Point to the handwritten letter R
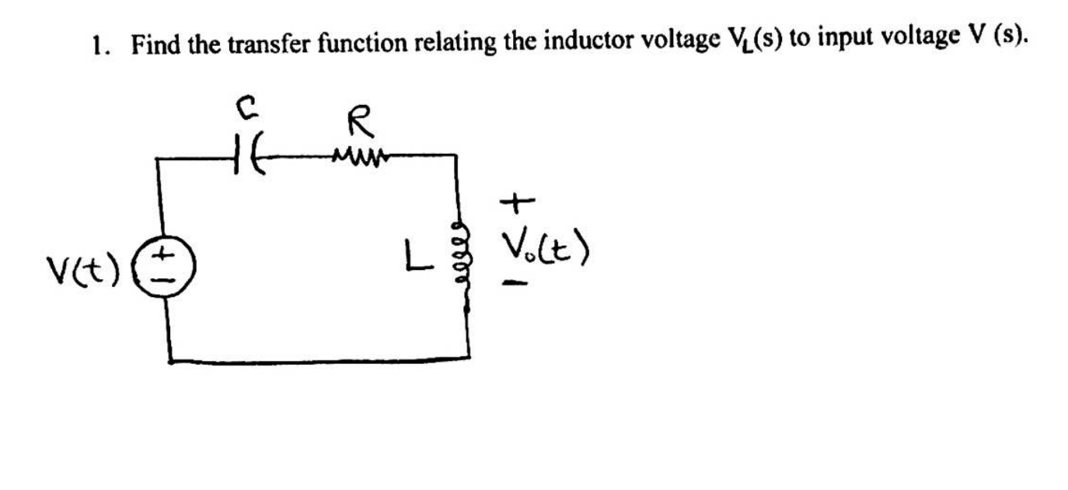[361, 123]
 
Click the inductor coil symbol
[465, 254]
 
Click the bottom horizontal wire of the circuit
[319, 360]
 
